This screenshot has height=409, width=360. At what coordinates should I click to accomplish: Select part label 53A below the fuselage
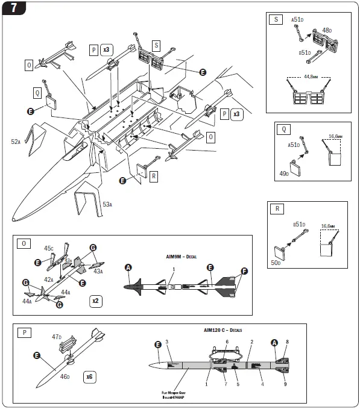pyautogui.click(x=107, y=204)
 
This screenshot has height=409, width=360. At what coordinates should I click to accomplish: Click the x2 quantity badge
pyautogui.click(x=96, y=300)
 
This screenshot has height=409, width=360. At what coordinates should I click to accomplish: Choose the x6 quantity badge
pyautogui.click(x=89, y=376)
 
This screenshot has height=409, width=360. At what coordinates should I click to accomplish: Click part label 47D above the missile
pyautogui.click(x=57, y=337)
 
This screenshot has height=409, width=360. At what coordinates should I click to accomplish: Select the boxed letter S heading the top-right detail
pyautogui.click(x=276, y=19)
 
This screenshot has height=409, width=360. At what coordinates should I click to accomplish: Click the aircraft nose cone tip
pyautogui.click(x=14, y=217)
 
